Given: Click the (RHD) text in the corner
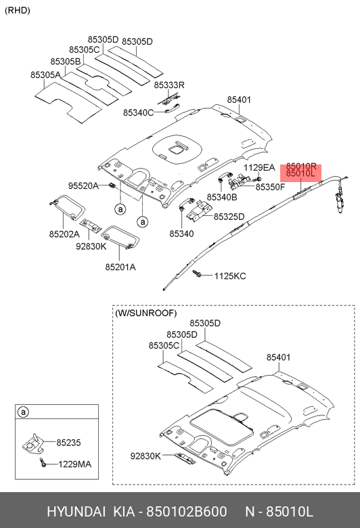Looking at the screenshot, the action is tap(18, 10).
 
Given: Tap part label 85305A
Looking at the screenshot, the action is tap(45, 74).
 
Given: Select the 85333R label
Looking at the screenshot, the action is tap(169, 85).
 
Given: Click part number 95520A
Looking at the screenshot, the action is tap(83, 185).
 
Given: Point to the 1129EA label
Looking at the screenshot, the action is tap(259, 167).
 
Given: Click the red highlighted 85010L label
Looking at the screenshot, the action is tap(300, 174).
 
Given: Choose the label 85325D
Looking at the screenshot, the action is tap(229, 217).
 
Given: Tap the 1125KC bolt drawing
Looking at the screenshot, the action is tap(196, 274).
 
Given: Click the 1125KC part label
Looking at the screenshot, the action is tap(230, 276).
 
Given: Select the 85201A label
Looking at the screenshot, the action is tap(120, 267).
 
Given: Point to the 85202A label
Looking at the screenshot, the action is tap(64, 234).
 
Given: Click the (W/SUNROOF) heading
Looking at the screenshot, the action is tap(145, 313).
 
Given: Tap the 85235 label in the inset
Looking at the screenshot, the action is tap(68, 443).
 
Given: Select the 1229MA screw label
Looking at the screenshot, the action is tap(74, 464).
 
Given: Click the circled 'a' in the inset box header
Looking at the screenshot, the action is tap(23, 412).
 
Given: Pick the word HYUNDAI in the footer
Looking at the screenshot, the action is tap(76, 512).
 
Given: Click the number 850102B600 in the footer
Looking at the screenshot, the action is tap(186, 512).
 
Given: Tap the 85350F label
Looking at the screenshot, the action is tap(270, 187).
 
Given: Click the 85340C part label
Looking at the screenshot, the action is tap(138, 113).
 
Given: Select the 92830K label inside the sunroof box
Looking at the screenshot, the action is tap(145, 456).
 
